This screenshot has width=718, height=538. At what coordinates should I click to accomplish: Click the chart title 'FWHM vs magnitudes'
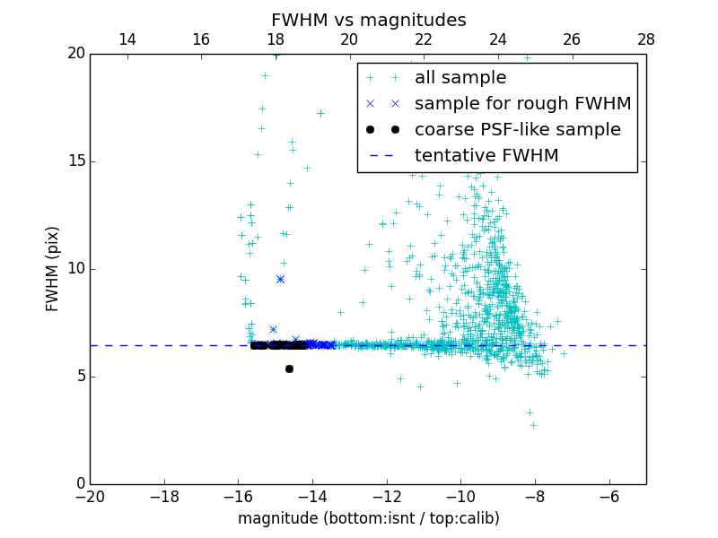(369, 20)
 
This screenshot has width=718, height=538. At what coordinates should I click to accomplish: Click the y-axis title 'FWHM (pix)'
(53, 269)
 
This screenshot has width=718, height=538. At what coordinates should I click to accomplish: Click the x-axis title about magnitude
(368, 518)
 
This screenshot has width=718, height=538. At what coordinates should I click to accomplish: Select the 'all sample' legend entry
(460, 78)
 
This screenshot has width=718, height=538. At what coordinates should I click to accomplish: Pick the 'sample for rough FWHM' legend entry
(522, 104)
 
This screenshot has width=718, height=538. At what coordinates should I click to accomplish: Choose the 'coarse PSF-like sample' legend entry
(517, 130)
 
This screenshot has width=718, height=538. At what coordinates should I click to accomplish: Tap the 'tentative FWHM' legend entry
(486, 156)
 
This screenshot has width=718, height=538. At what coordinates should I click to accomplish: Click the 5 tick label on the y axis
(79, 377)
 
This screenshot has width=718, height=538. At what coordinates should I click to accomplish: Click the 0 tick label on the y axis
(79, 484)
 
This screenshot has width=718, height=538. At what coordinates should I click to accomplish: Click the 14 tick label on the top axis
(127, 39)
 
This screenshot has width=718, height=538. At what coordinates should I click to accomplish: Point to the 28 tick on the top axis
(646, 39)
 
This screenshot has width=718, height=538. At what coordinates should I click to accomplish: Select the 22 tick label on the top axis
(424, 39)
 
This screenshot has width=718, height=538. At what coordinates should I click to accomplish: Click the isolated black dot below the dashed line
(289, 369)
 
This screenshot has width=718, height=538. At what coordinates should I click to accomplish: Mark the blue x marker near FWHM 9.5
(280, 279)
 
